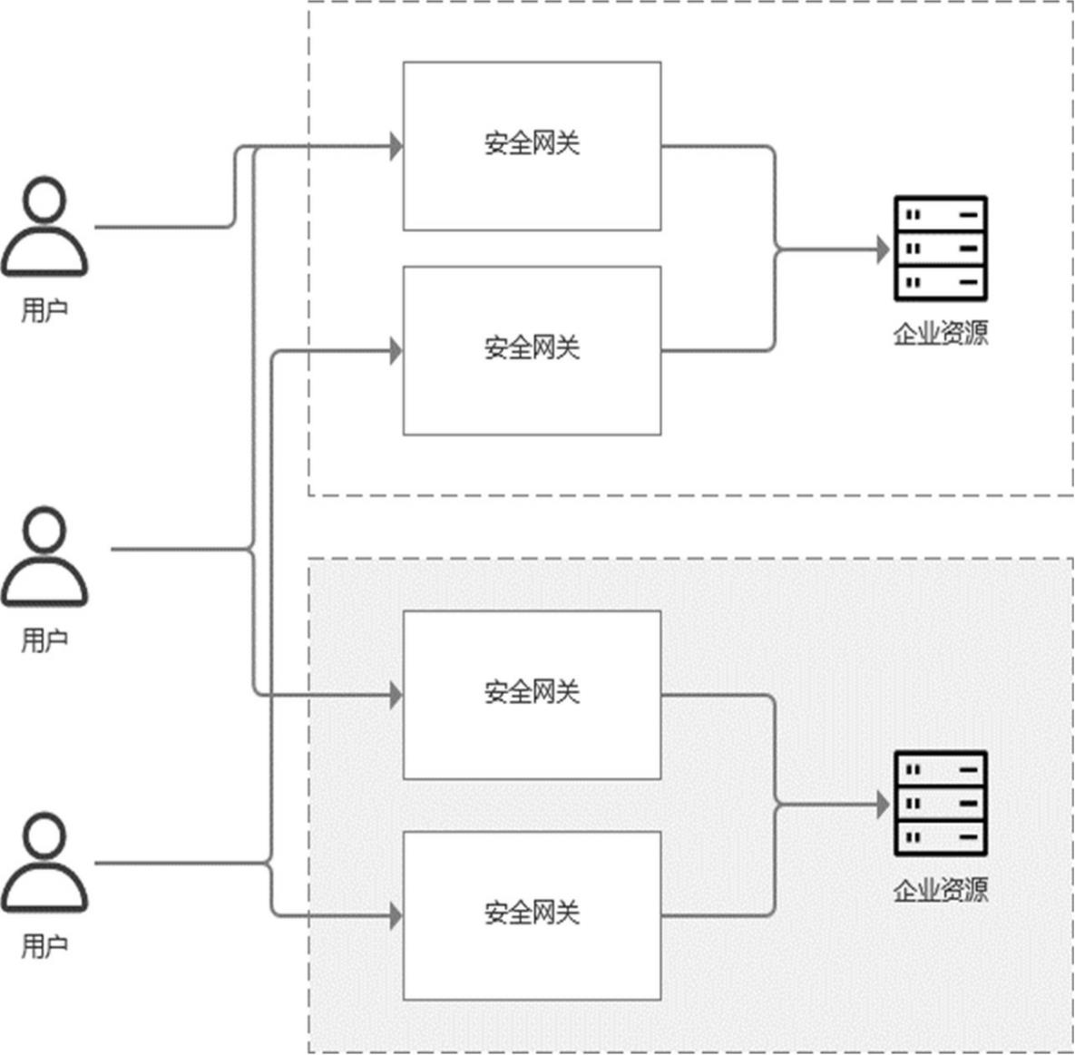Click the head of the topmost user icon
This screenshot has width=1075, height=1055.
[x=44, y=199]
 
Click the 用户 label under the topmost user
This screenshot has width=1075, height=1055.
[x=44, y=310]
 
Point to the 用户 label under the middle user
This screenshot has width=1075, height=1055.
[x=44, y=640]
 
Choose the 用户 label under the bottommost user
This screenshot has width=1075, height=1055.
[x=44, y=946]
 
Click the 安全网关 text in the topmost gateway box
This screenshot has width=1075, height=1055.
[x=532, y=143]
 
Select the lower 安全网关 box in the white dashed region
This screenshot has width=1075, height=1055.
[x=532, y=349]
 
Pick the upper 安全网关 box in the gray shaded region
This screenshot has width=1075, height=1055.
[x=532, y=694]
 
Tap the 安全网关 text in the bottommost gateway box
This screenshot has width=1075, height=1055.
[x=532, y=913]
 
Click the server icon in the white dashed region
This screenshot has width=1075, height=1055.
[x=941, y=249]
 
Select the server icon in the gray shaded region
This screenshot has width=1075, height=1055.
[x=941, y=803]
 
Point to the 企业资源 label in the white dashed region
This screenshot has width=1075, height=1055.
[x=941, y=334]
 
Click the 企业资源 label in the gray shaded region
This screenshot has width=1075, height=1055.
[x=941, y=890]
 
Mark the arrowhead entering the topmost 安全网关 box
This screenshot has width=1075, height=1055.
[x=396, y=145]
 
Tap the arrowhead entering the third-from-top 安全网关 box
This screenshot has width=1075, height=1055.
[x=396, y=696]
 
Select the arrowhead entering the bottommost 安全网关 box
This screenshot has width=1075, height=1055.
[x=396, y=916]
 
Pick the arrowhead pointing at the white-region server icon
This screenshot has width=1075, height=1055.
[x=883, y=249]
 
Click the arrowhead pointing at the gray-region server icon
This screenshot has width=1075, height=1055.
[x=883, y=805]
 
